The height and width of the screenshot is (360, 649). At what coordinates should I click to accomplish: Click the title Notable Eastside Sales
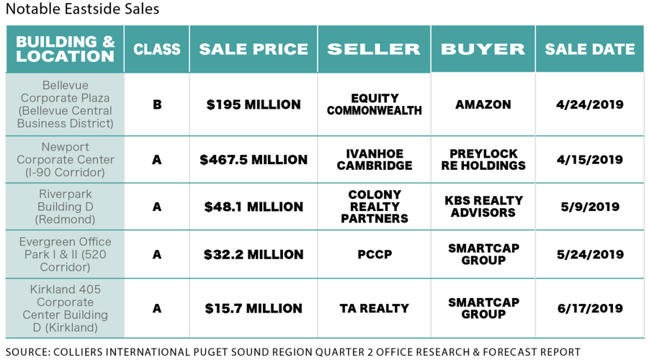[82, 9]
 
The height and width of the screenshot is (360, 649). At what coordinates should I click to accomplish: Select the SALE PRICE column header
[254, 49]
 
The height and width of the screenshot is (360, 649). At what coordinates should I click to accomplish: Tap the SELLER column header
[374, 49]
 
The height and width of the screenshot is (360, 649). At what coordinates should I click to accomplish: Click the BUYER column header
[483, 49]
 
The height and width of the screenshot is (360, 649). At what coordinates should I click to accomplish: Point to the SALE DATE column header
[589, 49]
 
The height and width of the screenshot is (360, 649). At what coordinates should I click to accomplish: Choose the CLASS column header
[157, 49]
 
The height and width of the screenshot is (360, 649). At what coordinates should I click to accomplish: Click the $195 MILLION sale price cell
[254, 104]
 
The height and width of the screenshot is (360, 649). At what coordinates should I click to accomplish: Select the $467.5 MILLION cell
[254, 160]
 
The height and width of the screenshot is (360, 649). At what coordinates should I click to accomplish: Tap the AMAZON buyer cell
[483, 104]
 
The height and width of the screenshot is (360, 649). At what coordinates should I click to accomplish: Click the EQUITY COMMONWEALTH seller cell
[374, 104]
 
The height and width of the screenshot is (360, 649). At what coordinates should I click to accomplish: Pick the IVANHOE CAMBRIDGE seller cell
[374, 160]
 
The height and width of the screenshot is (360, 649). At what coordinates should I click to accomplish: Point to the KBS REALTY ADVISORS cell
[483, 207]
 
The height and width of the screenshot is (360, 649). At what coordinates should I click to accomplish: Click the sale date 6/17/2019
[589, 308]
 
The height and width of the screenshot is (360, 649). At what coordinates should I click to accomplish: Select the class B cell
[157, 104]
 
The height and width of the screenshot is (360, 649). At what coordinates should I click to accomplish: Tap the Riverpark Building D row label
[66, 207]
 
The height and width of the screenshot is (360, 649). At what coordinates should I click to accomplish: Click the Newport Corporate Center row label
[66, 160]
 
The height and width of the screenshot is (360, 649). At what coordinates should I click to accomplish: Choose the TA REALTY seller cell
[374, 308]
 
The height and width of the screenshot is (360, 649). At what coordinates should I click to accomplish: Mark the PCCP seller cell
[374, 254]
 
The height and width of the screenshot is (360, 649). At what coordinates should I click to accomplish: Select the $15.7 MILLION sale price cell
[254, 308]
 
